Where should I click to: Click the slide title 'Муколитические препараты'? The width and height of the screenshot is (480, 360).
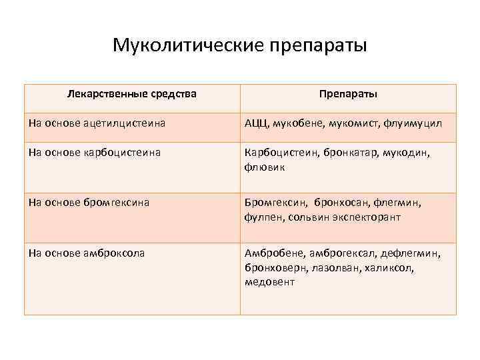(239, 45)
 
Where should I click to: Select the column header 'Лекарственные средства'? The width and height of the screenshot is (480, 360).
(132, 94)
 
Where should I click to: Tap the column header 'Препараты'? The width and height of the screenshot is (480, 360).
(348, 95)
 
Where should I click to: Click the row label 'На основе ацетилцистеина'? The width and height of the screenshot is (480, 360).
(97, 123)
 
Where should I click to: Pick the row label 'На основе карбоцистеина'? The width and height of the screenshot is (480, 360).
(94, 153)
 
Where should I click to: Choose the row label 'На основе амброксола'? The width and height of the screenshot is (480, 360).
(87, 253)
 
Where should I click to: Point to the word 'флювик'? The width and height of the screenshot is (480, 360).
(265, 167)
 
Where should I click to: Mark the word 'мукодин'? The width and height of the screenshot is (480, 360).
(406, 153)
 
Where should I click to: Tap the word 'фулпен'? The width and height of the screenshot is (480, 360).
(263, 217)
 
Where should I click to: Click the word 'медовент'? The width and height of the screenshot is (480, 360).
(269, 281)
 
